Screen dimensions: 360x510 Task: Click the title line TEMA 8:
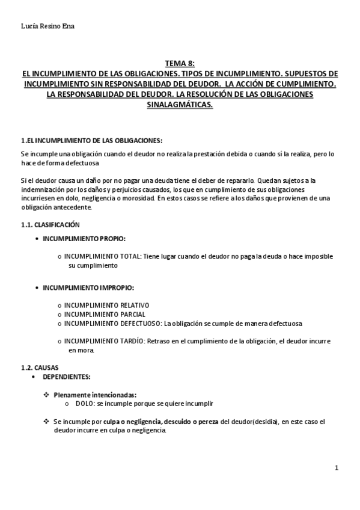(x=180, y=64)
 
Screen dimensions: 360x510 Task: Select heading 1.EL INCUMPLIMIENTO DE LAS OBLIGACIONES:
(x=91, y=141)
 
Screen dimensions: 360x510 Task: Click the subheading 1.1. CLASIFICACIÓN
(x=50, y=224)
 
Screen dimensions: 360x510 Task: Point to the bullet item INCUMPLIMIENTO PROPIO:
(x=84, y=239)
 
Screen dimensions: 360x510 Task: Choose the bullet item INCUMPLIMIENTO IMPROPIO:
(x=88, y=288)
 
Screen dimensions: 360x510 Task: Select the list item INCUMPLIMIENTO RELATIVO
(x=106, y=306)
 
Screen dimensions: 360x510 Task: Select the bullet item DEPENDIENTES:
(x=66, y=376)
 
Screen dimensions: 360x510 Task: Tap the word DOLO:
(x=85, y=403)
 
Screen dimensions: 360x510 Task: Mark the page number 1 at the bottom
(x=337, y=468)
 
